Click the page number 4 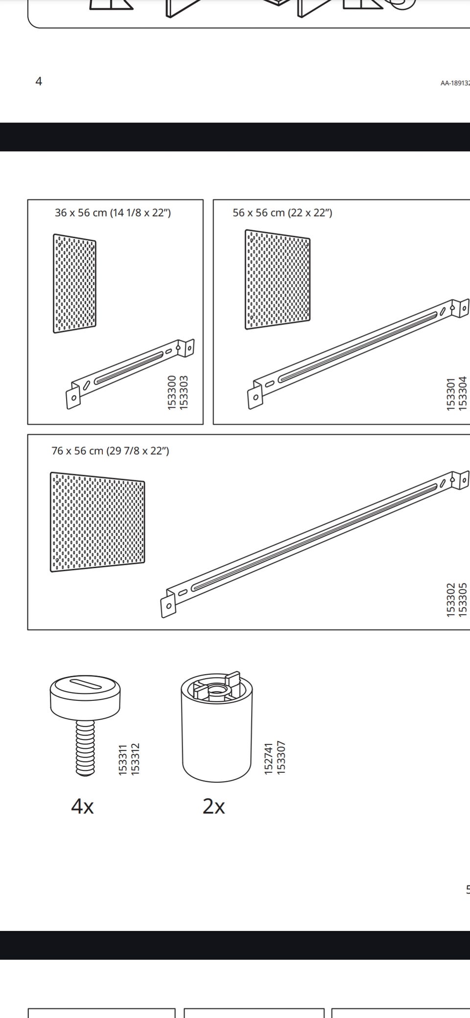39,81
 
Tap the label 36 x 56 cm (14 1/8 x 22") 113,213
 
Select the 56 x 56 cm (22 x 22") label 282,213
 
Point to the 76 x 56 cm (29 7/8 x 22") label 111,451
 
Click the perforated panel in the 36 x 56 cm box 74,284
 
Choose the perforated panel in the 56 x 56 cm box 278,279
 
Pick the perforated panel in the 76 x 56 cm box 97,522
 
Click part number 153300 172,392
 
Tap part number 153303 184,392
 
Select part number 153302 451,599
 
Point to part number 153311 123,759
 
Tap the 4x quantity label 82,806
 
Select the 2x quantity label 214,806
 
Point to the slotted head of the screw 85,694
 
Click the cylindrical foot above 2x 217,727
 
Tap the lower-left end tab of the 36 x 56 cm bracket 73,397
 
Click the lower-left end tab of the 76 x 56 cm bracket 168,605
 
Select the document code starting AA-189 455,83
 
